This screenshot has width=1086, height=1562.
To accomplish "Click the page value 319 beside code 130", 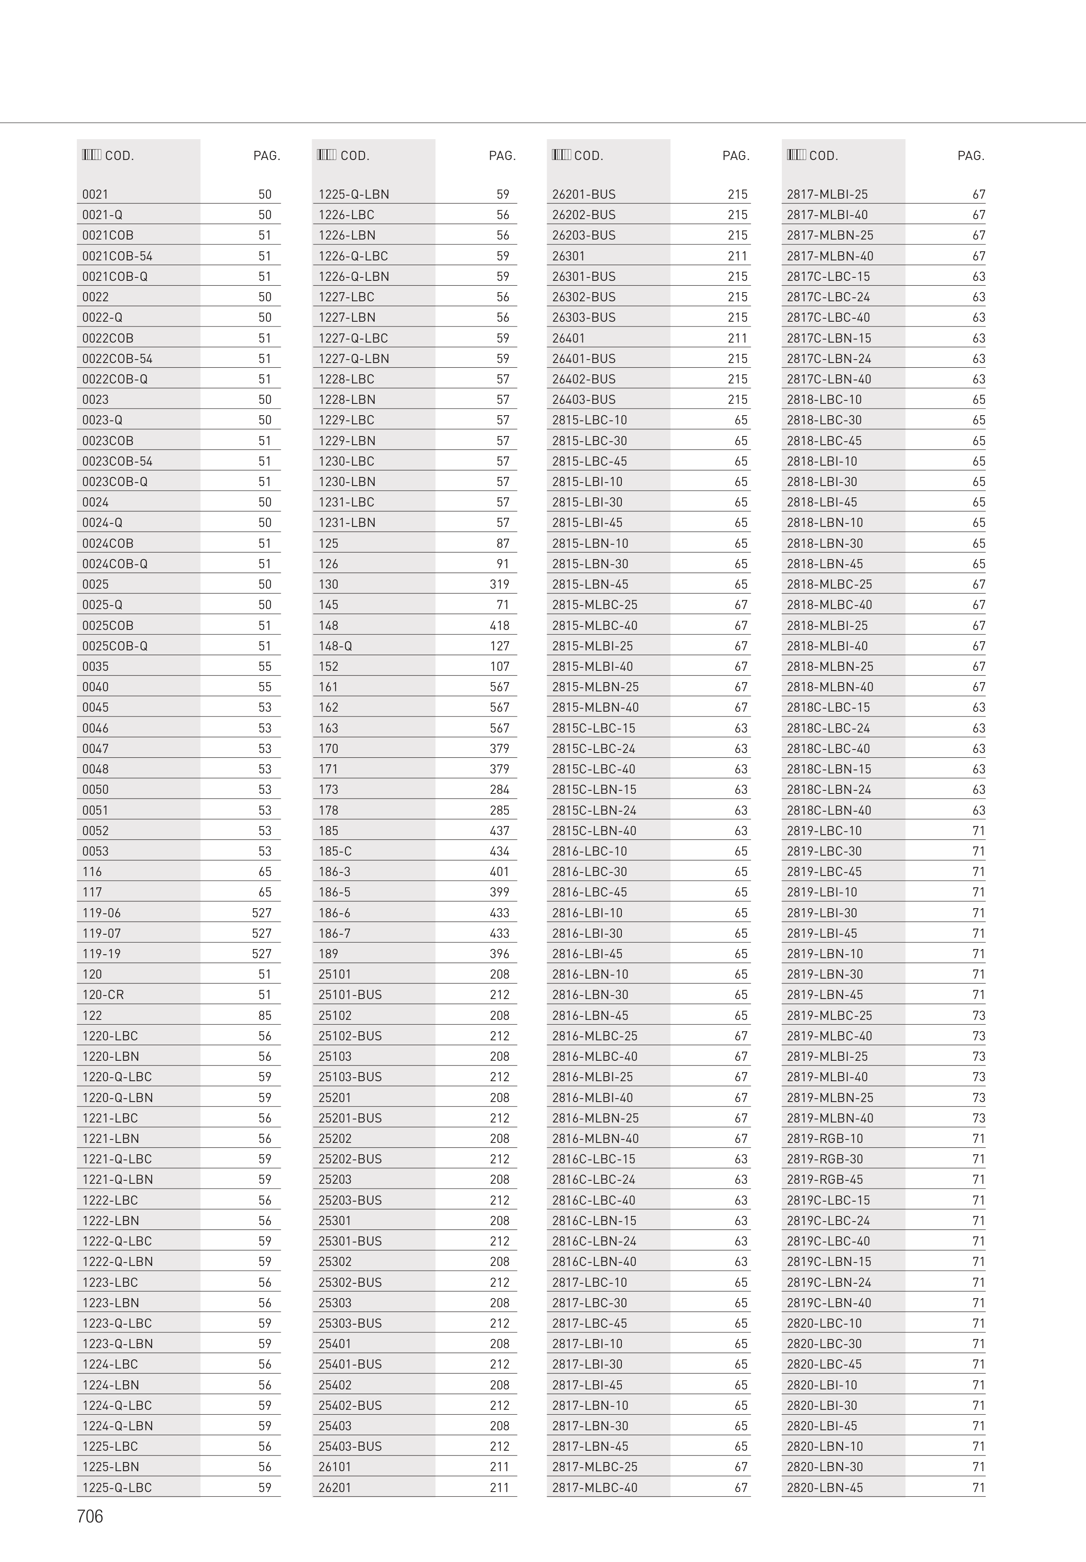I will pyautogui.click(x=499, y=584).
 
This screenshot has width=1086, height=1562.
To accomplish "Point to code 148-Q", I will pyautogui.click(x=335, y=646).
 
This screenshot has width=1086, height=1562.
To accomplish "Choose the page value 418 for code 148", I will pyautogui.click(x=499, y=625).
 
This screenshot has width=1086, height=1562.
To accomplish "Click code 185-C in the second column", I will pyautogui.click(x=335, y=851).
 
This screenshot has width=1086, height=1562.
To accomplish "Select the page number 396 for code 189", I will pyautogui.click(x=499, y=954).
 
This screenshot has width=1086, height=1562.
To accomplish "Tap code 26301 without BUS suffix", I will pyautogui.click(x=568, y=256).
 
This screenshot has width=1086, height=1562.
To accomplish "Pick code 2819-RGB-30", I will pyautogui.click(x=825, y=1159).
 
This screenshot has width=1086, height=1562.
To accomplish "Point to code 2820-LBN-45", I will pyautogui.click(x=825, y=1487).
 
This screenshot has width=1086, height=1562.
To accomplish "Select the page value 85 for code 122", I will pyautogui.click(x=265, y=1015).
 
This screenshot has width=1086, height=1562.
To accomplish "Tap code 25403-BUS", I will pyautogui.click(x=350, y=1446).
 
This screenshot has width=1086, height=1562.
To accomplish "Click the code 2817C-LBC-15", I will pyautogui.click(x=828, y=276).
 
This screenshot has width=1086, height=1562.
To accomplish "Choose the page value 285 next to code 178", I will pyautogui.click(x=499, y=810).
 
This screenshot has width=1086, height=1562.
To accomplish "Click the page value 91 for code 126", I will pyautogui.click(x=502, y=564).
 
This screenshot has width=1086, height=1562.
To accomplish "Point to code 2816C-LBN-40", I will pyautogui.click(x=594, y=1261).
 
